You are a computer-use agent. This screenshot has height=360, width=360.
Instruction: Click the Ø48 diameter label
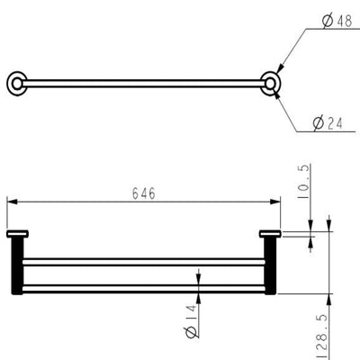click(337, 22)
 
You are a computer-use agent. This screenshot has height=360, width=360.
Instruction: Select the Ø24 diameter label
click(330, 125)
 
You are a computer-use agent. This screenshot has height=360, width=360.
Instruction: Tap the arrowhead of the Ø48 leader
click(280, 67)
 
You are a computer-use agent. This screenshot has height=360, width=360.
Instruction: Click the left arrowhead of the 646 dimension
click(10, 202)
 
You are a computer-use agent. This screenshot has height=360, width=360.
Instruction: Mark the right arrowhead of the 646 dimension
click(276, 202)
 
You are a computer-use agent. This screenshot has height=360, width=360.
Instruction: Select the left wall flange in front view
click(17, 237)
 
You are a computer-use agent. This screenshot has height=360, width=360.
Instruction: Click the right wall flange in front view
click(269, 237)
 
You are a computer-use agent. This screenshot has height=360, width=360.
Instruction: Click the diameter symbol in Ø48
click(321, 22)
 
